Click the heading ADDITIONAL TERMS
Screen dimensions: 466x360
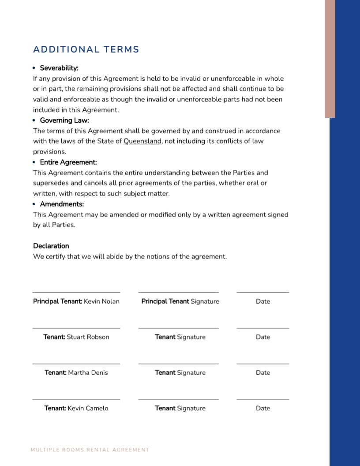[x=86, y=49]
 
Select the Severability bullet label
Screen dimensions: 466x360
[x=59, y=68]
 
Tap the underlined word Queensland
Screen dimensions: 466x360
[x=142, y=141]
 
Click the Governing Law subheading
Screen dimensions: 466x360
[x=64, y=120]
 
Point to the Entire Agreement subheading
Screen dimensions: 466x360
[x=68, y=162]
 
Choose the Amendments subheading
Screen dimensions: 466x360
[x=62, y=204]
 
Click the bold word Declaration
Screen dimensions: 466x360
[x=51, y=246]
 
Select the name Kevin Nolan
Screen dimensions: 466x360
[x=101, y=301]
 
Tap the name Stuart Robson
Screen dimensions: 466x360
[x=88, y=337]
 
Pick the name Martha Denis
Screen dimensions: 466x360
[x=88, y=372]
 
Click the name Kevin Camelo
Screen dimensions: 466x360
[x=88, y=408]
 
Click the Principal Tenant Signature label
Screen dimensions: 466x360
[x=180, y=301]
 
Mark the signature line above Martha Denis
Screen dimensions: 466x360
[x=76, y=364]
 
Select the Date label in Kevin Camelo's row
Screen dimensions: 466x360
[x=262, y=408]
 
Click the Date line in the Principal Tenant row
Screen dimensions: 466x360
[x=262, y=293]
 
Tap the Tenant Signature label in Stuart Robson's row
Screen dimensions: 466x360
[x=180, y=337]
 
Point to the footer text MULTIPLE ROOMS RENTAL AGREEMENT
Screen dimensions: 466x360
[x=90, y=450]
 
